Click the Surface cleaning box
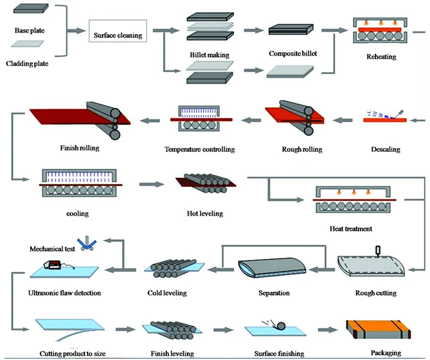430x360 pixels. click(118, 31)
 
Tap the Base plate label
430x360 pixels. click(30, 30)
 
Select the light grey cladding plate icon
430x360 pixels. click(28, 44)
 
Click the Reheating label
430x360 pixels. click(381, 57)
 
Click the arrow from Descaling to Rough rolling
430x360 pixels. click(342, 120)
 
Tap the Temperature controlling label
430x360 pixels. click(200, 150)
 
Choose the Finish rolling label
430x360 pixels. click(80, 148)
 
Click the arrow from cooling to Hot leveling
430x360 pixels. click(152, 184)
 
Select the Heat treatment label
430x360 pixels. click(351, 229)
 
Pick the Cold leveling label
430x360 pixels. click(167, 293)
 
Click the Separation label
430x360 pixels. click(274, 293)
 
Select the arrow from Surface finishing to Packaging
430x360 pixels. click(328, 330)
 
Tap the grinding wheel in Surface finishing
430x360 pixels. click(281, 326)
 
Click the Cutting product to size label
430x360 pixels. click(72, 354)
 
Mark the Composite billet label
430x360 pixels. click(292, 53)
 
